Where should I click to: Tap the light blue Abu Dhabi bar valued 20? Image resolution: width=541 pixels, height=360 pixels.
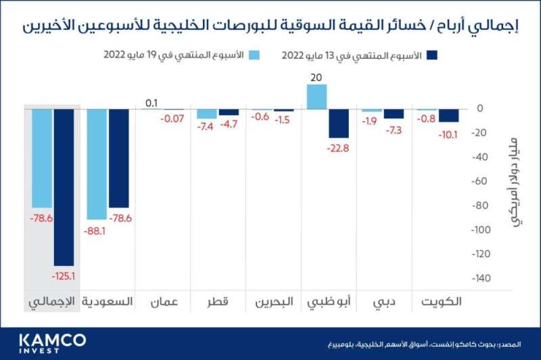pos(317,97)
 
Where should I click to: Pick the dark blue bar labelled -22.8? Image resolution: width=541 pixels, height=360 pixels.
pos(339,123)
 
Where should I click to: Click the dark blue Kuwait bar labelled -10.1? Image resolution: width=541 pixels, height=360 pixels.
pos(448,116)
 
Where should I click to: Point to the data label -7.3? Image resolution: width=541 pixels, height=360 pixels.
pos(394,129)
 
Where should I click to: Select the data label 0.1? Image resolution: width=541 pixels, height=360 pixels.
pos(151,104)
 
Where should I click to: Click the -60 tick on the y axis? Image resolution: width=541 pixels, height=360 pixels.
pos(479,181)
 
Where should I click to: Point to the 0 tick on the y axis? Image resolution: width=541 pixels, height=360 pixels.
pos(479,108)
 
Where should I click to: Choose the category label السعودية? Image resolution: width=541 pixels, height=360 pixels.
pos(107,302)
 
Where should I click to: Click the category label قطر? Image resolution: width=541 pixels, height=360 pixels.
pos(216,302)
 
